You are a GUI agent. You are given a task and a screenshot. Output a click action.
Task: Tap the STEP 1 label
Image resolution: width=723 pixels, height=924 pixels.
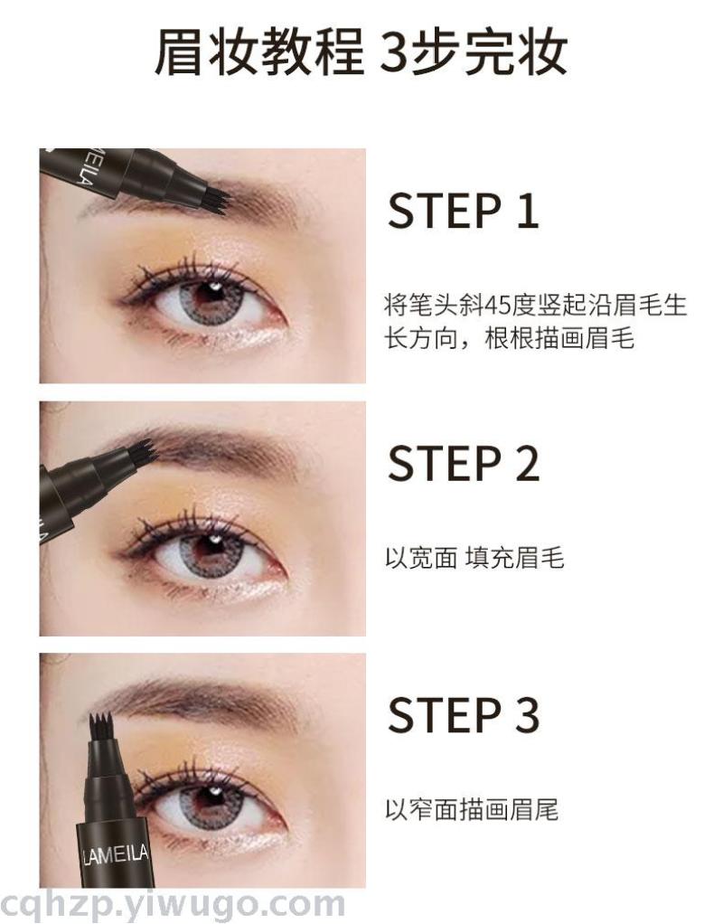[x=463, y=211]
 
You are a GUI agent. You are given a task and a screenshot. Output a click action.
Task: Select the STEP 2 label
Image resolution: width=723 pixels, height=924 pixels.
[x=463, y=463]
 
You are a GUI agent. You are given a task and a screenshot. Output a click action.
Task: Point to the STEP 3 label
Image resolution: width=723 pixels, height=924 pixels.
[x=463, y=714]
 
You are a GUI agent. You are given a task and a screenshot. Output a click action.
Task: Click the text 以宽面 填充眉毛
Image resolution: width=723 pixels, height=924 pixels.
[x=475, y=558]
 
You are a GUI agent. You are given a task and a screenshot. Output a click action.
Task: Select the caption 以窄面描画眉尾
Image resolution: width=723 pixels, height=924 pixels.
[x=472, y=810]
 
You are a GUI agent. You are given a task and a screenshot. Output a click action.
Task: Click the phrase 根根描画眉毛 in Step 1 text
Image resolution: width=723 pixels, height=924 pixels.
[x=559, y=338]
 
